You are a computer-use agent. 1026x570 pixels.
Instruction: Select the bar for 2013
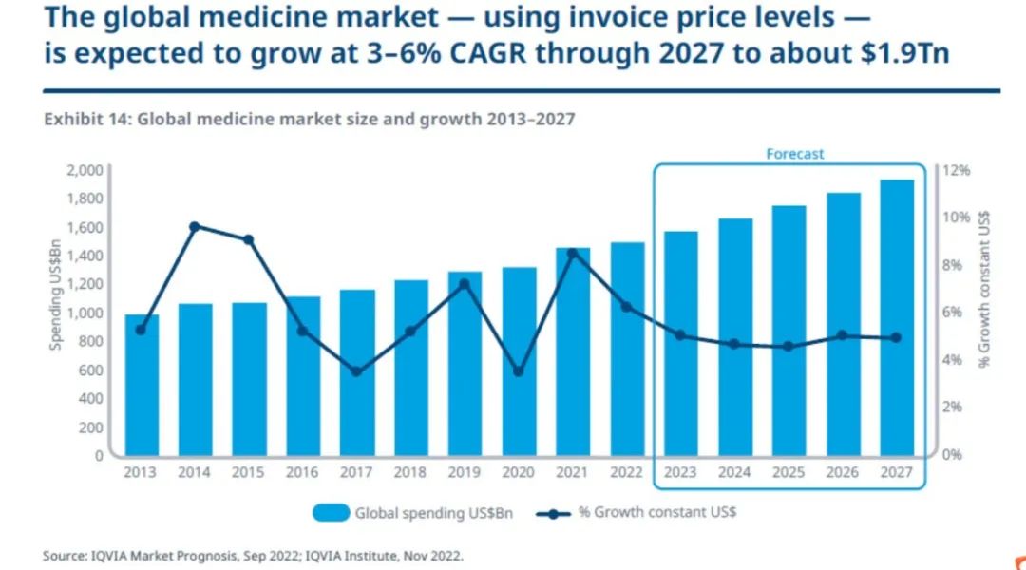(x=142, y=385)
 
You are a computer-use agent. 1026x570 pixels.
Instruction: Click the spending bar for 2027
(x=896, y=317)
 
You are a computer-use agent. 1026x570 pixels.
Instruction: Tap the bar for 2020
(x=519, y=361)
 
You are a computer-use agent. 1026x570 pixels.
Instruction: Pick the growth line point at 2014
(x=195, y=226)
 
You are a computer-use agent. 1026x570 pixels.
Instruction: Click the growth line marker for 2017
(x=356, y=371)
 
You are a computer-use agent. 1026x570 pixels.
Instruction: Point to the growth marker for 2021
(x=573, y=253)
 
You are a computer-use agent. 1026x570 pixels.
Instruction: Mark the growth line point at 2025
(x=788, y=347)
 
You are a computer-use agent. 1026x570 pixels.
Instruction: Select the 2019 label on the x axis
(x=465, y=472)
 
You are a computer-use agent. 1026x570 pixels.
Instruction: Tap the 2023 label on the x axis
(x=680, y=472)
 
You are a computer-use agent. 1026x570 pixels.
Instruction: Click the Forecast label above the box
(x=795, y=154)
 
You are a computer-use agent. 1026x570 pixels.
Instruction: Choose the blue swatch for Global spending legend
(x=331, y=513)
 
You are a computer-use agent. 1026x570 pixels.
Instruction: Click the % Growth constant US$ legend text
(x=656, y=513)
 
